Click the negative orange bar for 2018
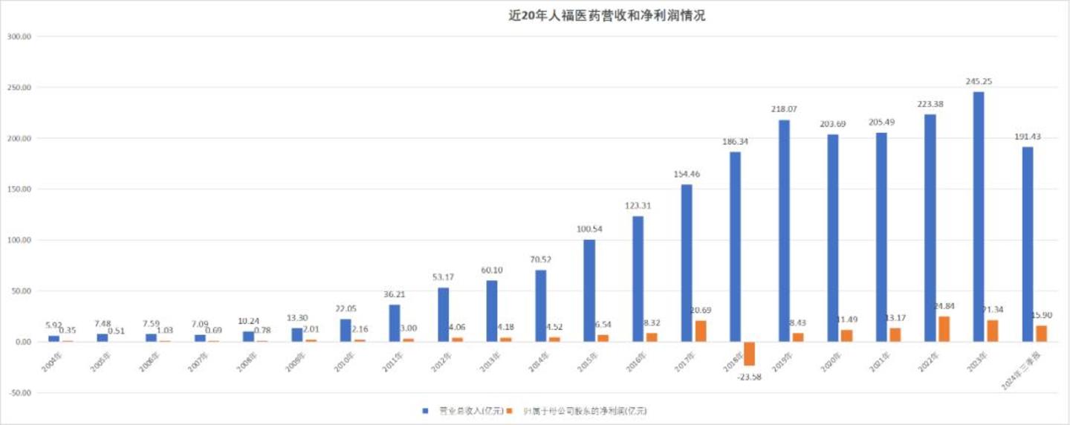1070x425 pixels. click(x=750, y=354)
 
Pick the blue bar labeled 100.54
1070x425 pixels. click(x=589, y=291)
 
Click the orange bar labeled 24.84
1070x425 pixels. click(x=944, y=329)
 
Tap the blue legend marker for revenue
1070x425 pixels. click(x=425, y=410)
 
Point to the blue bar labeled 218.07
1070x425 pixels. click(x=785, y=230)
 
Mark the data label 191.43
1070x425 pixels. click(x=1027, y=137)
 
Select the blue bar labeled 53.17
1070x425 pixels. click(x=443, y=314)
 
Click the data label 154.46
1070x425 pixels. click(x=686, y=174)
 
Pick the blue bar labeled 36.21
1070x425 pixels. click(x=395, y=323)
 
